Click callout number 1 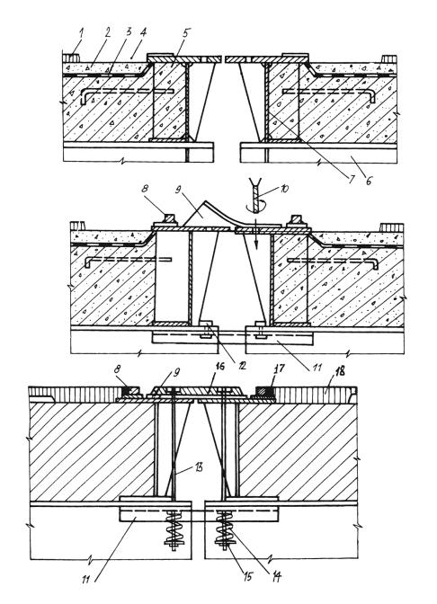tap(81, 33)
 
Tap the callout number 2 tap(107, 32)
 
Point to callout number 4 tap(143, 31)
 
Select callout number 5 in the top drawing tap(186, 33)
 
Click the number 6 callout tap(369, 180)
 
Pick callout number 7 tap(351, 179)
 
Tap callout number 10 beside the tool tap(283, 189)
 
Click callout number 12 tap(242, 364)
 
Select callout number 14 tap(276, 577)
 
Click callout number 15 tap(247, 577)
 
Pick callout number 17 tap(279, 369)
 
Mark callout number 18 tap(339, 371)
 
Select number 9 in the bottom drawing tap(178, 372)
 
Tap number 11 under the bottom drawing tap(85, 579)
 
